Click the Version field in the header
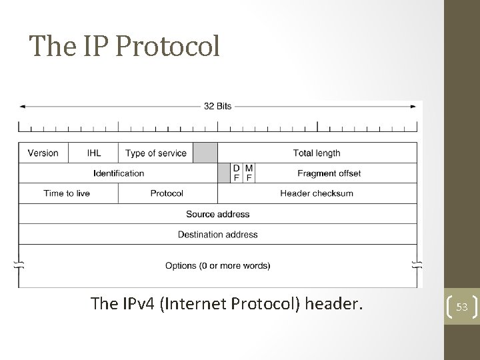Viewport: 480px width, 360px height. click(x=43, y=153)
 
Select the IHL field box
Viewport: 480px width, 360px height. click(x=94, y=153)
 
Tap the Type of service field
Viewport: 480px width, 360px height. click(x=156, y=153)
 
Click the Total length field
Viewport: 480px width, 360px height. click(x=317, y=153)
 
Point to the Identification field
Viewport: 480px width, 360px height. click(x=119, y=173)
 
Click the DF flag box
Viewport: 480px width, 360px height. click(x=237, y=173)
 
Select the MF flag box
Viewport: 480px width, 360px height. click(x=249, y=173)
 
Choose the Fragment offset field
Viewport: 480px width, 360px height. click(x=329, y=173)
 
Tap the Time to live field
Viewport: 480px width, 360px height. click(x=67, y=193)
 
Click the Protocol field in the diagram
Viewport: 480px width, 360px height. click(x=167, y=193)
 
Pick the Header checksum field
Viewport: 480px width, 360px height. click(x=317, y=193)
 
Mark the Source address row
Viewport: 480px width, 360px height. click(x=218, y=214)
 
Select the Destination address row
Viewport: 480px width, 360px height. click(x=218, y=234)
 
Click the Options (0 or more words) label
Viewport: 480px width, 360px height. click(x=218, y=265)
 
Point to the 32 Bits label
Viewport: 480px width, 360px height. click(x=218, y=106)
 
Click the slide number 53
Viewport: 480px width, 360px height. click(x=462, y=307)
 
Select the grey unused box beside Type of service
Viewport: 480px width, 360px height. click(x=205, y=153)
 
